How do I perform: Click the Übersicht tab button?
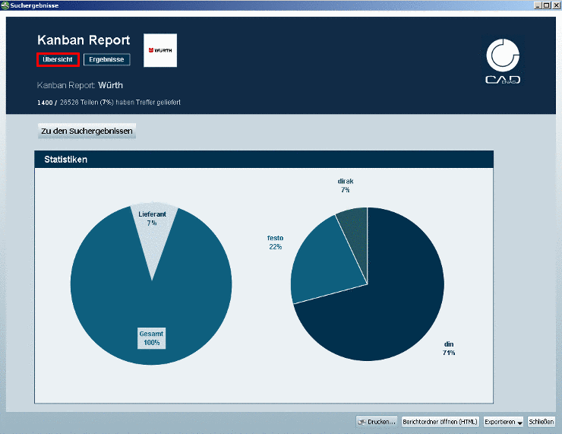(x=58, y=59)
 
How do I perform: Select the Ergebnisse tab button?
(x=107, y=59)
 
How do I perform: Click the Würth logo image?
(x=160, y=50)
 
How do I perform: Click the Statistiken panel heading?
(x=65, y=160)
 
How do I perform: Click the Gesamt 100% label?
(x=152, y=338)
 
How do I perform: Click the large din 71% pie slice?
(x=387, y=304)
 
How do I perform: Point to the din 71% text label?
(x=449, y=349)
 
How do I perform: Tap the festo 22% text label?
(x=275, y=242)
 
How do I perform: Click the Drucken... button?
(x=377, y=421)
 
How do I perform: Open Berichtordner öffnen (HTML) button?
(x=440, y=421)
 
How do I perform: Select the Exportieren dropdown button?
(x=504, y=421)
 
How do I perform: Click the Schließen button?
(x=541, y=421)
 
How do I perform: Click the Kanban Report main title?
(x=84, y=40)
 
